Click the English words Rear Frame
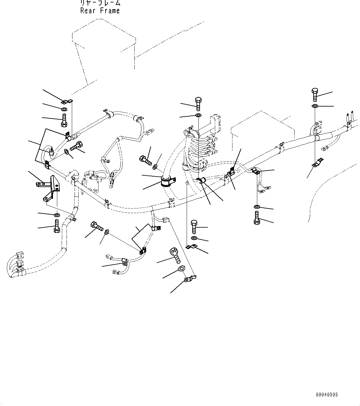[100, 11]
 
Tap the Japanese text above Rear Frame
[100, 3]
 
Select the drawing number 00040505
[327, 395]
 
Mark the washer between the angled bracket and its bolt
[57, 215]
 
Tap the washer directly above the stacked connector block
[198, 116]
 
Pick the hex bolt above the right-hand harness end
[314, 94]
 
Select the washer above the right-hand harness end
[314, 106]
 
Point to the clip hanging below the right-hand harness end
[318, 163]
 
